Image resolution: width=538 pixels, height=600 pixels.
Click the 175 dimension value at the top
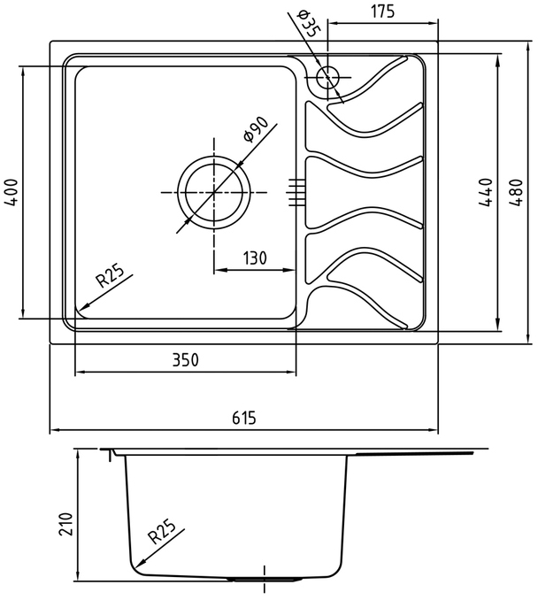pos(382,12)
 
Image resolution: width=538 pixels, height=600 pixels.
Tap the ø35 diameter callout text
pos(307,23)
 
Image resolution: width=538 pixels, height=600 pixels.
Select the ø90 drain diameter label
pos(255,129)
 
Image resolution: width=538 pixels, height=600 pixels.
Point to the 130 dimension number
pos(255,258)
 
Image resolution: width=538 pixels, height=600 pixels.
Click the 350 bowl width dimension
pos(186,360)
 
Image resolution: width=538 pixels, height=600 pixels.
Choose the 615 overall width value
pos(243,418)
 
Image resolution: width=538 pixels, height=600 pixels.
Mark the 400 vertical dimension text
pos(12,192)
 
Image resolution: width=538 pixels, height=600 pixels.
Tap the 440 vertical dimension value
pos(485,192)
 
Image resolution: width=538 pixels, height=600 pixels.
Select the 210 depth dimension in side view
pos(65,524)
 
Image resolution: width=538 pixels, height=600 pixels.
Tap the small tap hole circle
pos(327,77)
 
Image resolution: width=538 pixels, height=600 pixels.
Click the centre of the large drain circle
pos(214,192)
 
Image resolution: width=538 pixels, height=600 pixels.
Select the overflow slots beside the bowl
pos(296,192)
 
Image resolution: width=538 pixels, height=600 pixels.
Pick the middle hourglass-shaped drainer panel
pos(364,192)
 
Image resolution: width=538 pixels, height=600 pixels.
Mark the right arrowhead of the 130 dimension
pos(290,270)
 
